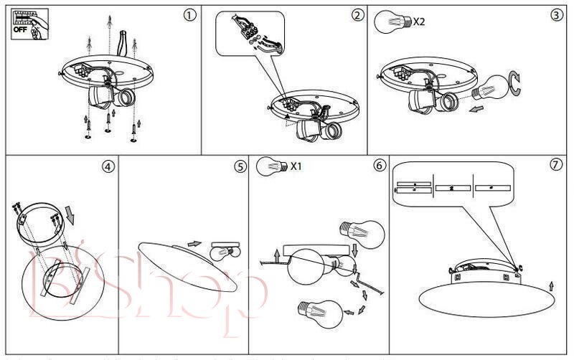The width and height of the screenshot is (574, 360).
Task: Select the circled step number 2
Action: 357,14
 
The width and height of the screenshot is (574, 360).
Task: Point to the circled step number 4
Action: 108,166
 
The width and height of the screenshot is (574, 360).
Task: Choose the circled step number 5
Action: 240,166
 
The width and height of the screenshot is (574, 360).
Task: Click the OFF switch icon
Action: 27,23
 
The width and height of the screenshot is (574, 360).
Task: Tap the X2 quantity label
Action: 419,22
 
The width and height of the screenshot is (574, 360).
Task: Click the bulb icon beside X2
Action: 391,21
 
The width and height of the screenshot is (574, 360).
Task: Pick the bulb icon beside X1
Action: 271,166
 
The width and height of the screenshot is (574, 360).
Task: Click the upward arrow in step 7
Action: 550,287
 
